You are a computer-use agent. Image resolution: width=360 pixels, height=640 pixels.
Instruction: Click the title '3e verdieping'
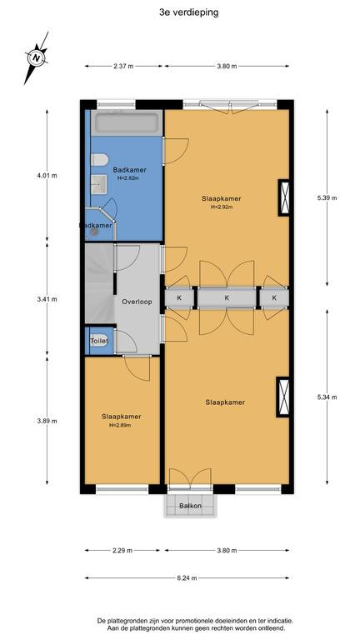coord(188,12)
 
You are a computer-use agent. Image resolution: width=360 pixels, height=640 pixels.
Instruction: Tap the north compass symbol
coord(37,57)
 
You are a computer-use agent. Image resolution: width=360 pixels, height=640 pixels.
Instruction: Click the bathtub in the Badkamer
coord(127,122)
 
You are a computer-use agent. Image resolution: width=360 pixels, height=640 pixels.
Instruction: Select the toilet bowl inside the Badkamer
coord(99,160)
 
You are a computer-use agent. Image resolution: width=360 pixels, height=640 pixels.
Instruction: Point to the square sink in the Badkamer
coord(98,184)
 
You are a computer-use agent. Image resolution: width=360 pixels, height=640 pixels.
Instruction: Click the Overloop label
coord(137,302)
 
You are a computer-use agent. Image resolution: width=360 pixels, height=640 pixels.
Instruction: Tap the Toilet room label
coord(99,340)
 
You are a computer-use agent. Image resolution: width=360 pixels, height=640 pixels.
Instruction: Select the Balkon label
coord(190,506)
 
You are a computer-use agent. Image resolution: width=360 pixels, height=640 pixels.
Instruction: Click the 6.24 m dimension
coord(187,578)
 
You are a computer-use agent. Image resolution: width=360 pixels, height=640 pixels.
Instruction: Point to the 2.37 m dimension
coord(123,66)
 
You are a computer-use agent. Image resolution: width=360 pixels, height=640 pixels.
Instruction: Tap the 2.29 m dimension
coord(122,550)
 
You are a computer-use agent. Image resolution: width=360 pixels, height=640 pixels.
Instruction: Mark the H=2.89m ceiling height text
coord(120,425)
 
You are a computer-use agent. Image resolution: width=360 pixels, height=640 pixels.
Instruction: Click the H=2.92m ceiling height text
coord(222,207)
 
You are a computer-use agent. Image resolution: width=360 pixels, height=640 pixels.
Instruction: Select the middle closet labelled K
coord(227,298)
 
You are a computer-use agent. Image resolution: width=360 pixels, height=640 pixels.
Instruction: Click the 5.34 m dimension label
coord(327,397)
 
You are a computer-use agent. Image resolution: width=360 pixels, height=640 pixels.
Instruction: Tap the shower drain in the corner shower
coord(95,231)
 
